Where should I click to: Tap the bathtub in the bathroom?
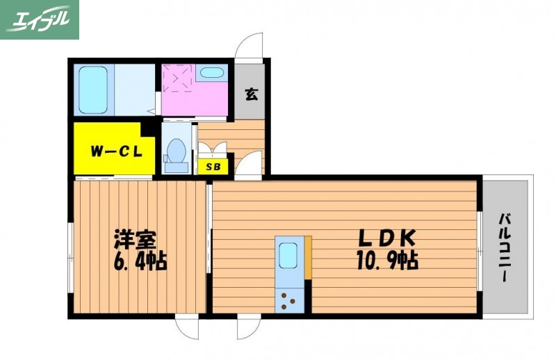pos(92,90)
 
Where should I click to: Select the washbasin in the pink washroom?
pos(211,72)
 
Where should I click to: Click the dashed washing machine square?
pos(178,79)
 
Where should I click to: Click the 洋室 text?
pos(135,240)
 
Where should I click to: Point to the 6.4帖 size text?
pos(140,263)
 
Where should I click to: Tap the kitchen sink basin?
pos(288,256)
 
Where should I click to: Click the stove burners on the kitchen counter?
pos(288,301)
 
